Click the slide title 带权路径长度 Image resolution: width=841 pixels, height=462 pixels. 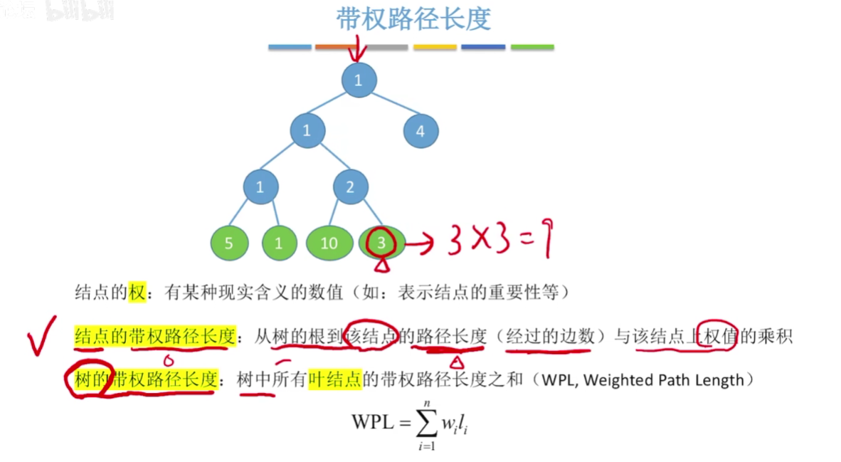pyautogui.click(x=414, y=19)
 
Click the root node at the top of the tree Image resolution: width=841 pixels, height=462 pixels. pyautogui.click(x=358, y=80)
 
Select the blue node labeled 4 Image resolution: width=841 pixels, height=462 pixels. pyautogui.click(x=420, y=131)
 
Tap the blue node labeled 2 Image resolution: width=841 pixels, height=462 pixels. pyautogui.click(x=351, y=188)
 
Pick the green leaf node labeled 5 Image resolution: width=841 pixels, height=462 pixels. pyautogui.click(x=229, y=243)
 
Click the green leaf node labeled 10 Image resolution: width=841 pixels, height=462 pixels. pyautogui.click(x=329, y=243)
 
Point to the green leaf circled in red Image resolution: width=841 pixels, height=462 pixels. pyautogui.click(x=382, y=243)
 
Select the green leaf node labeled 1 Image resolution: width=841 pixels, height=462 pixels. pyautogui.click(x=278, y=243)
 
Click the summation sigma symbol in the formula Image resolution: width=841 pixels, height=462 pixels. pyautogui.click(x=425, y=422)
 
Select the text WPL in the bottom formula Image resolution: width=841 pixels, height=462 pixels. pyautogui.click(x=372, y=422)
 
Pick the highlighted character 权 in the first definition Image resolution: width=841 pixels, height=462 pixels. pyautogui.click(x=137, y=291)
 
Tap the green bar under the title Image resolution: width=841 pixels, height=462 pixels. pyautogui.click(x=532, y=47)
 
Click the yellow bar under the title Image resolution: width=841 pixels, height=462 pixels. pyautogui.click(x=435, y=47)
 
